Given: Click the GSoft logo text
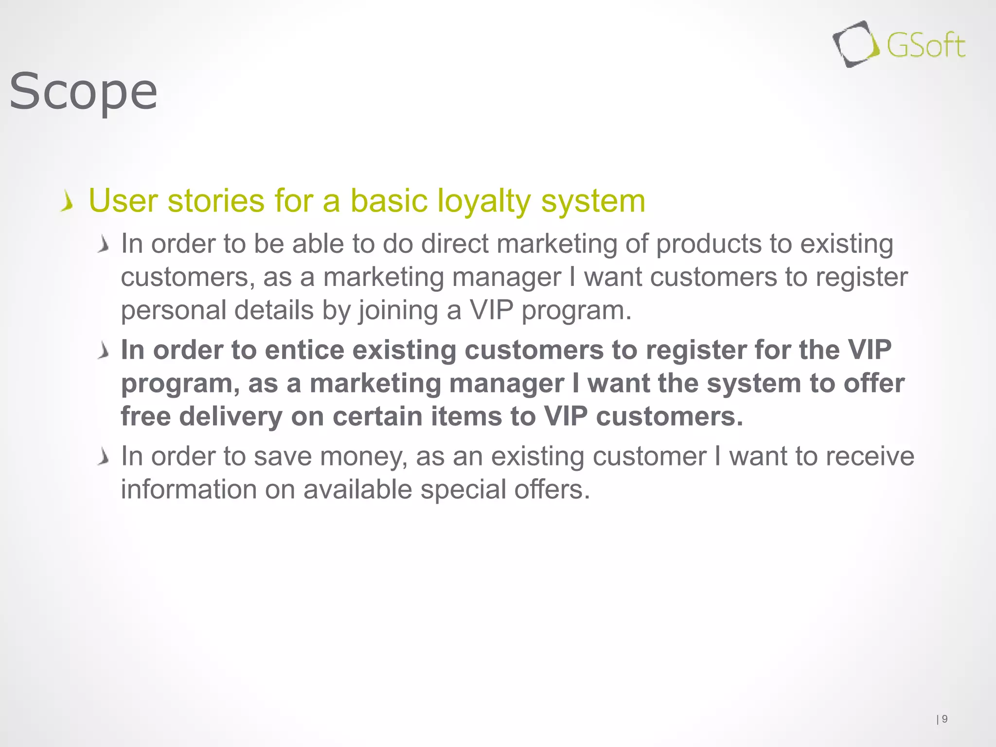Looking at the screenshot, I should point(925,46).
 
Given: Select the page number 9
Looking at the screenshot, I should point(944,719).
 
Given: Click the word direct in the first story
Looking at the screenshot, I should point(455,244).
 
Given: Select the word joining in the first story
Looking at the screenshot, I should point(398,310).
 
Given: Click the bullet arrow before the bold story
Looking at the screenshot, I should point(103,351).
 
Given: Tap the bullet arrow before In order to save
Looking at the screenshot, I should point(103,457).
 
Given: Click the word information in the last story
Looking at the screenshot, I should point(189,489).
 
